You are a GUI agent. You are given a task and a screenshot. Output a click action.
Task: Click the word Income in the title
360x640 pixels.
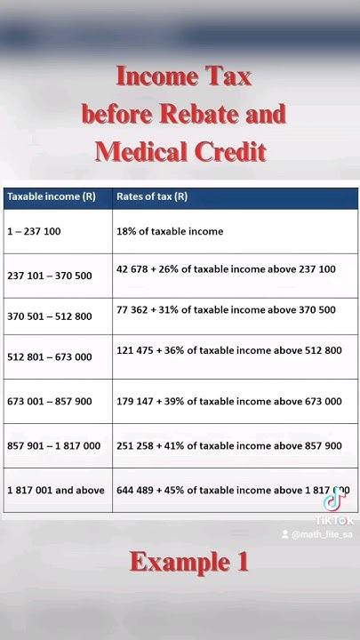click(156, 76)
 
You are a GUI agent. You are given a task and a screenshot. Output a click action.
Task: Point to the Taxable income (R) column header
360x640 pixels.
click(51, 196)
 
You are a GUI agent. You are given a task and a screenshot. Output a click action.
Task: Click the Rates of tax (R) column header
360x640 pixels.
click(152, 196)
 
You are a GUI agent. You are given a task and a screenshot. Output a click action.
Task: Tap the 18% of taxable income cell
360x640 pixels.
click(169, 231)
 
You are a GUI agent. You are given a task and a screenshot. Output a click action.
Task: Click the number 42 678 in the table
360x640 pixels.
click(133, 268)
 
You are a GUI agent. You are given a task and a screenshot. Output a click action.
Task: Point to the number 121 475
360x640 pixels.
click(136, 350)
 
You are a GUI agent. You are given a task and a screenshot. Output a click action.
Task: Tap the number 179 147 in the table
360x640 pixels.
click(136, 402)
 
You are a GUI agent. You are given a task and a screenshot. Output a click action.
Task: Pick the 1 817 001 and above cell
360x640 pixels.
click(55, 490)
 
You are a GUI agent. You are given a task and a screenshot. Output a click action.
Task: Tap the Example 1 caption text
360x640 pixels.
click(188, 562)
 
